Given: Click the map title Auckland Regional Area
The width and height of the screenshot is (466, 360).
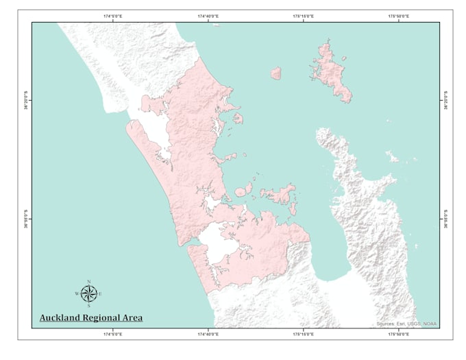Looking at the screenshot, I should click(x=90, y=317).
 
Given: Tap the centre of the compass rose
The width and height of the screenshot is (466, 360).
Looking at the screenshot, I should click(x=88, y=293).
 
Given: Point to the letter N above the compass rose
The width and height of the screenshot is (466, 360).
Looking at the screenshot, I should click(x=88, y=281).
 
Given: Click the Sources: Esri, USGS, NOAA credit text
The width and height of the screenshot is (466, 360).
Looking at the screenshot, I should click(x=406, y=324).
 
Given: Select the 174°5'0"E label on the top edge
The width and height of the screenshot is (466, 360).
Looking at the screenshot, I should click(x=112, y=16).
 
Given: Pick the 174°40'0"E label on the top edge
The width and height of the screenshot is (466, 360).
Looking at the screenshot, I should click(x=208, y=16).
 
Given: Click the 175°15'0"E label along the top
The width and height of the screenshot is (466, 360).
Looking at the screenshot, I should click(x=303, y=16).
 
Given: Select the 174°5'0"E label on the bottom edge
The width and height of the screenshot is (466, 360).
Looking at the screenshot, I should click(x=112, y=334).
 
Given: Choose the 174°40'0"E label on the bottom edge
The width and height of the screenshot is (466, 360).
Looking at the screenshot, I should click(x=208, y=334).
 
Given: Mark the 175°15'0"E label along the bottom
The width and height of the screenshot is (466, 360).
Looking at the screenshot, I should click(x=303, y=334).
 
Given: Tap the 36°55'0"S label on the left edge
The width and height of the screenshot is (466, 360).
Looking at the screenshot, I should click(x=25, y=219).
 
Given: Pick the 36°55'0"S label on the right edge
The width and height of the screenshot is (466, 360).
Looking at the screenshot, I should click(x=446, y=219).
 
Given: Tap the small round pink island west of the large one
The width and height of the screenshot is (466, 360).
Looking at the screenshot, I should click(x=276, y=73).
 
